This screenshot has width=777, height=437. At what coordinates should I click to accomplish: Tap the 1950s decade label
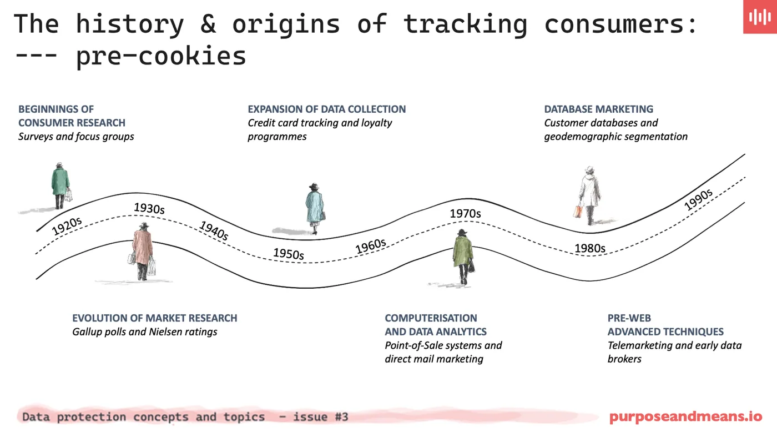(x=288, y=254)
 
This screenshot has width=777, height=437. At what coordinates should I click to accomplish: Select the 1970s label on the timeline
(x=465, y=213)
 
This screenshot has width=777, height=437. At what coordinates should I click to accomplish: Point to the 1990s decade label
(x=698, y=200)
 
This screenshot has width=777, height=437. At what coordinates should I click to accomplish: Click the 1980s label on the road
(x=589, y=248)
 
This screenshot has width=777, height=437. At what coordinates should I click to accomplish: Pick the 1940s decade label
(x=214, y=230)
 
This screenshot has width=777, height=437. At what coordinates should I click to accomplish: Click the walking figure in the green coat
(x=60, y=185)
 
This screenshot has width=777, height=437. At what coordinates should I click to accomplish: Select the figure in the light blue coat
(x=315, y=208)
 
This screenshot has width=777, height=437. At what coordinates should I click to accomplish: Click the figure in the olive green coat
(x=463, y=255)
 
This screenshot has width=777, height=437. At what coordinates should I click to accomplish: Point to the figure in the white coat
(x=588, y=194)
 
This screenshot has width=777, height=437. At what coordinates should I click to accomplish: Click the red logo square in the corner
(x=759, y=17)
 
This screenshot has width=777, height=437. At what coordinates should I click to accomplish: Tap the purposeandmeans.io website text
(x=685, y=416)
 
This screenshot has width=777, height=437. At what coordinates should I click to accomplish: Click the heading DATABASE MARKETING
(x=598, y=109)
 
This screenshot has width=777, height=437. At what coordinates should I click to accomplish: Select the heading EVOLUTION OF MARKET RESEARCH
(x=154, y=318)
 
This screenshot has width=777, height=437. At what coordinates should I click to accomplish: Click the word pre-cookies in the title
(x=161, y=56)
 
